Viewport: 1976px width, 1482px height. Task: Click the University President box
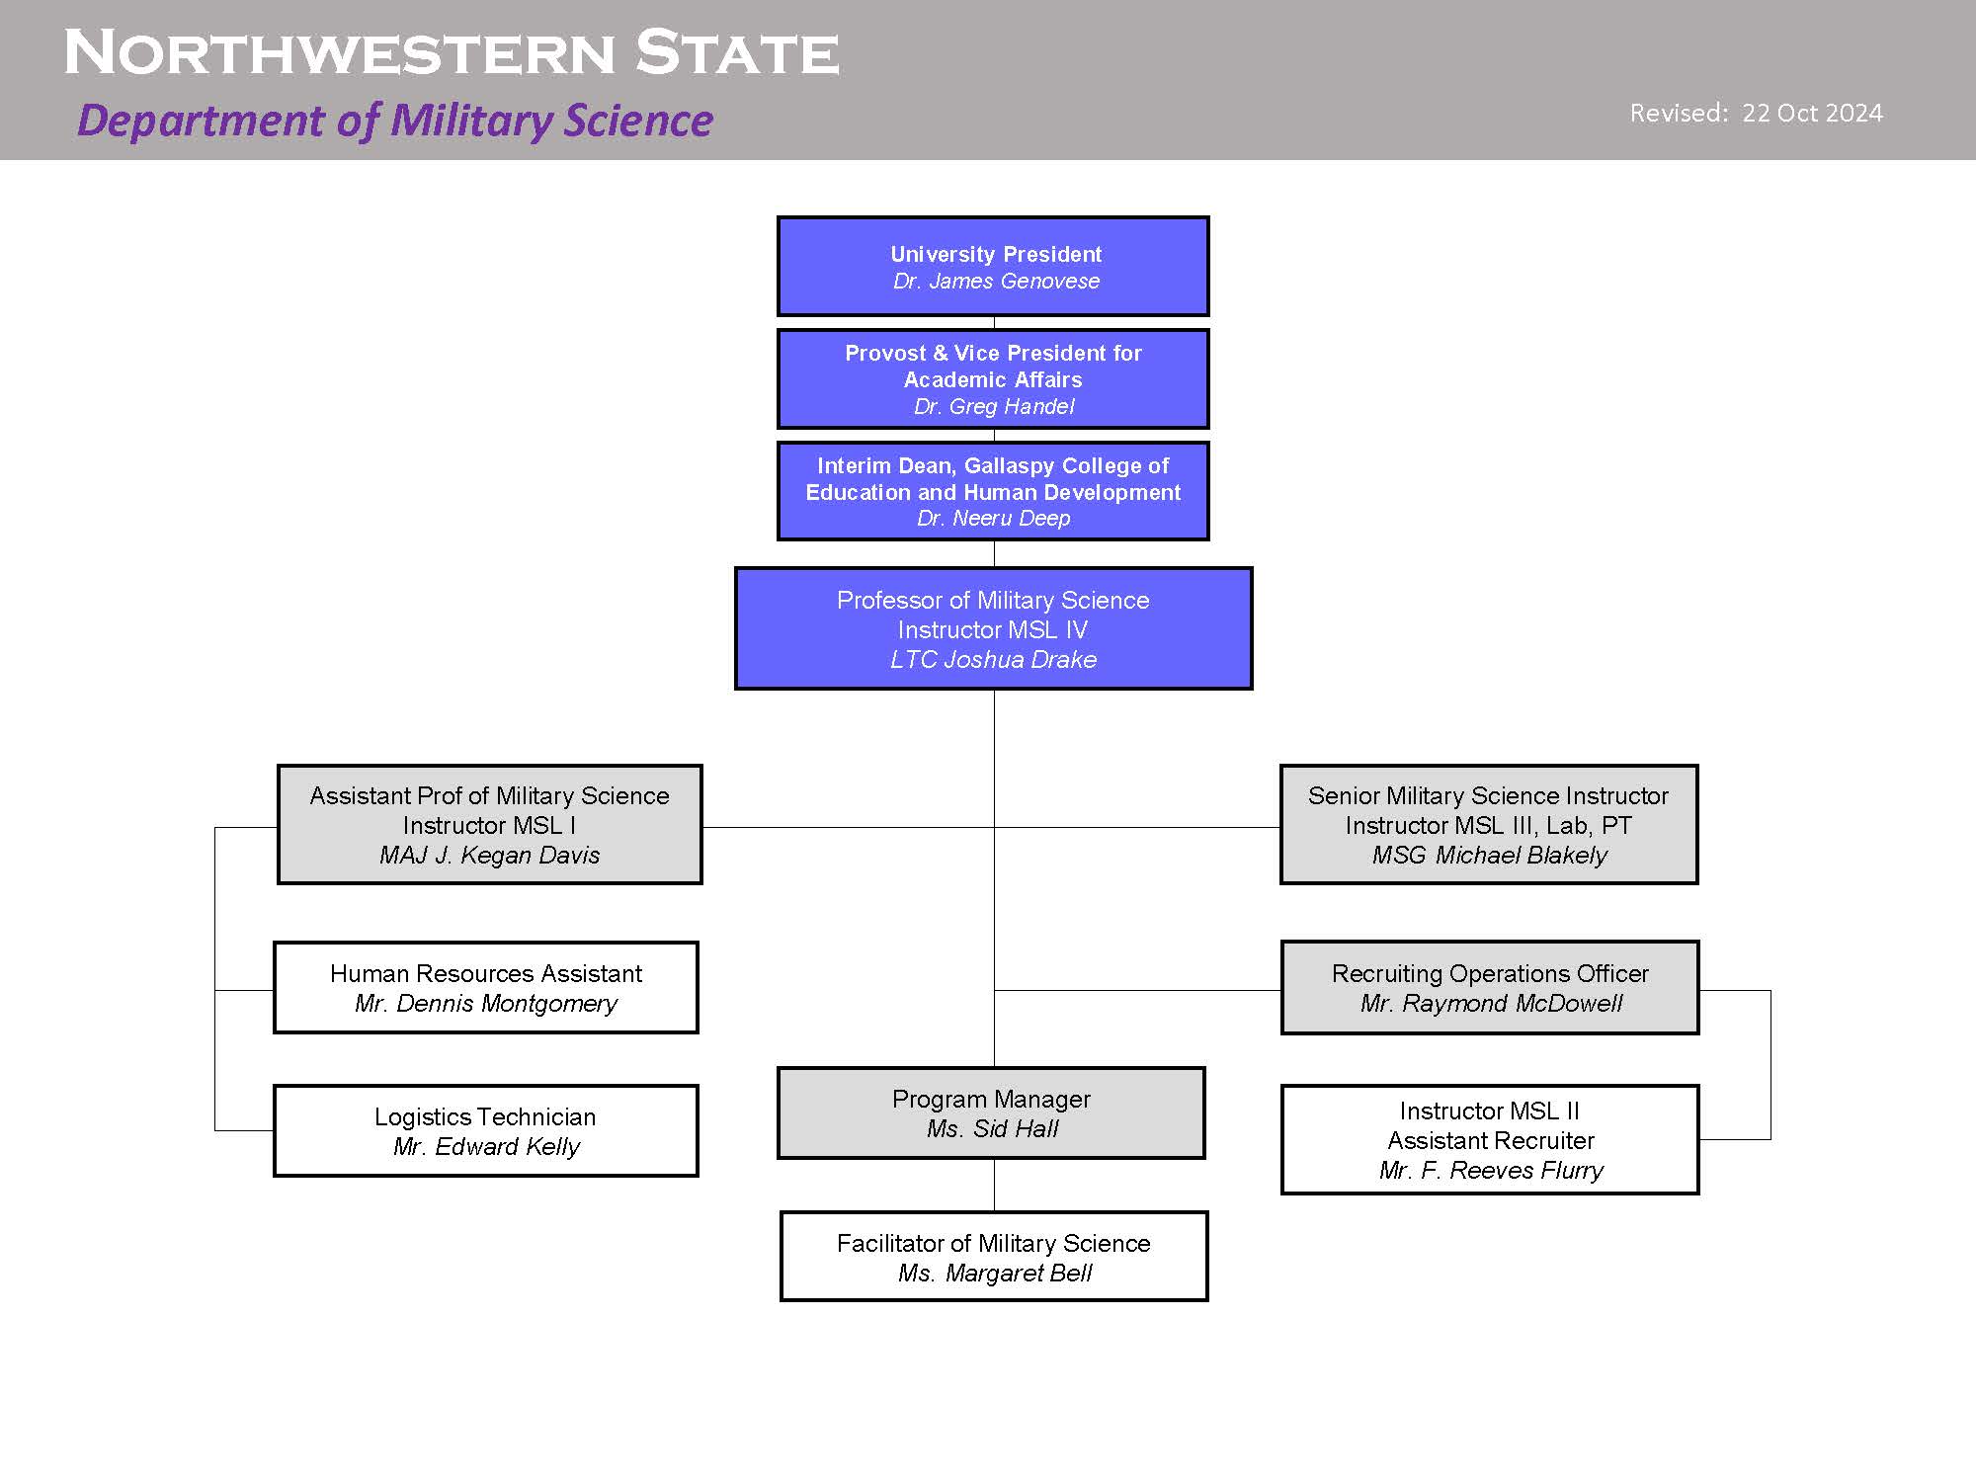(993, 267)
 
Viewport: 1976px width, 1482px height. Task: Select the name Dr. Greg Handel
(994, 406)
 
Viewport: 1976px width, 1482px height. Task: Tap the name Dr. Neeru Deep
(994, 518)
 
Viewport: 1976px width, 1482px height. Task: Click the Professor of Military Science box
(994, 628)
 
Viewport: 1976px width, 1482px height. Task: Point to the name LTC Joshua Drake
(994, 659)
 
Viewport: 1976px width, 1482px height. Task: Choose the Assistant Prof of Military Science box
(490, 824)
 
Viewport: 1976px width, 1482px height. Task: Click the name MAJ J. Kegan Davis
(490, 855)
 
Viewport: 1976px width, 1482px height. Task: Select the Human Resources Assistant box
(486, 987)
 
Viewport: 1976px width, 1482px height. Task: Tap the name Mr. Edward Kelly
(486, 1146)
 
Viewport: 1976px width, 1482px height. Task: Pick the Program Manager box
(991, 1112)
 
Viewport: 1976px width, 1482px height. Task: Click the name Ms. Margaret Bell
(995, 1273)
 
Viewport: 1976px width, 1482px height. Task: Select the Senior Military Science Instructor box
(1489, 824)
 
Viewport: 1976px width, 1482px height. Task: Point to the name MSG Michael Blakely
(1490, 855)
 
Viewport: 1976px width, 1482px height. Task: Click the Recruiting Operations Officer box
(1490, 987)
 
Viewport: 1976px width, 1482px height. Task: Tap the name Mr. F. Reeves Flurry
(1491, 1170)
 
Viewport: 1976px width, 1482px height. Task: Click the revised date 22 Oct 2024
(1812, 113)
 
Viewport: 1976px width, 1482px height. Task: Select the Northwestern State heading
(452, 52)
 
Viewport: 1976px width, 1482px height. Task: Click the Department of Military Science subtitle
(395, 121)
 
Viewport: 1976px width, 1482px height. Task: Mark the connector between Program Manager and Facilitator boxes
(994, 1186)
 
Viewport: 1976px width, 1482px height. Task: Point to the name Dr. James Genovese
(996, 281)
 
